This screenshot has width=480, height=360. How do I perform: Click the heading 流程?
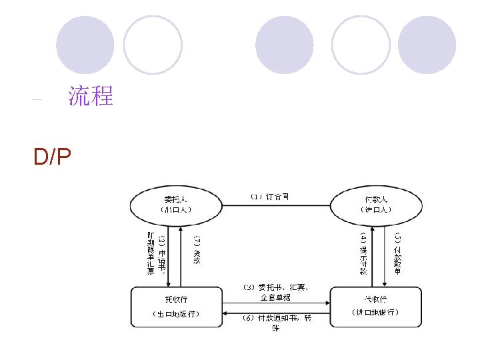click(x=91, y=97)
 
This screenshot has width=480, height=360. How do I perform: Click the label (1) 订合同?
click(x=269, y=197)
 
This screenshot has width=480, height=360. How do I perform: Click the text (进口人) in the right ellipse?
click(x=376, y=209)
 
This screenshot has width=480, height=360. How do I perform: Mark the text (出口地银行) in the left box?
click(x=176, y=313)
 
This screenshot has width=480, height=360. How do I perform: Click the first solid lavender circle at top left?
click(x=85, y=45)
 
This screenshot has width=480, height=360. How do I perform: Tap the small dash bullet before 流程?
click(x=37, y=100)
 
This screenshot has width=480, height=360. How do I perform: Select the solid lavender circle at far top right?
click(x=427, y=45)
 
